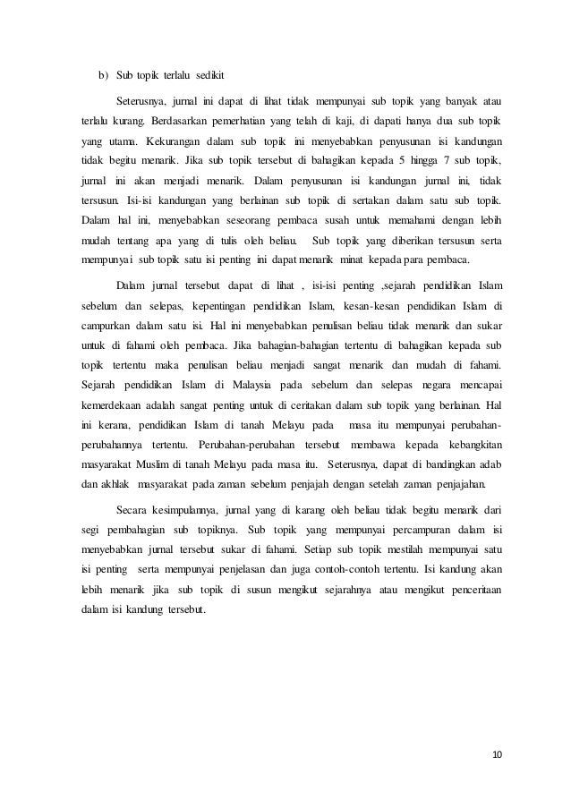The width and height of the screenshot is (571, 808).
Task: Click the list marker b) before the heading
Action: [x=102, y=73]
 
